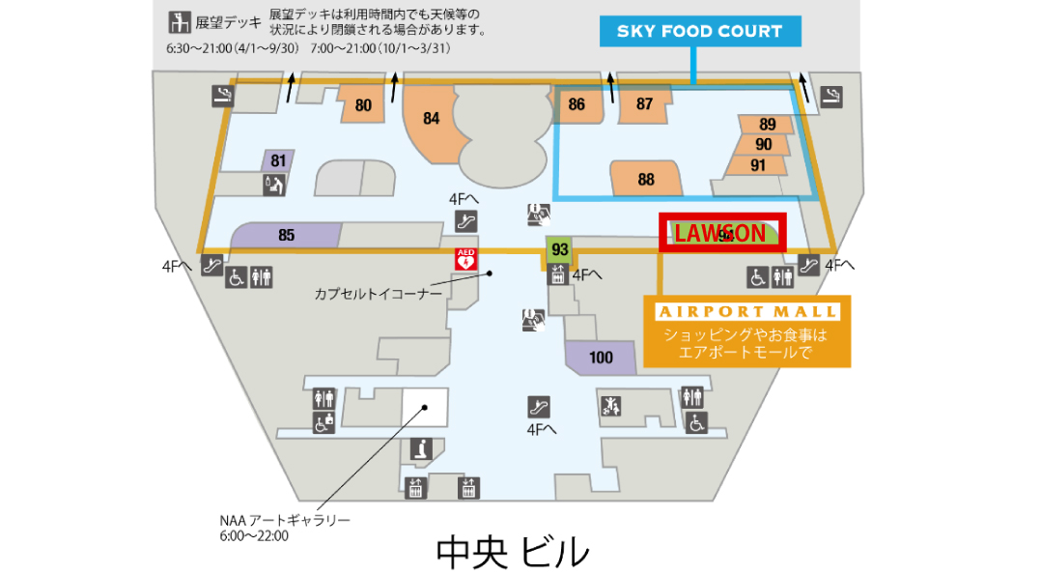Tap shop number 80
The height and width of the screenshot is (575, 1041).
(363, 105)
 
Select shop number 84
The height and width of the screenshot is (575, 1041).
(432, 119)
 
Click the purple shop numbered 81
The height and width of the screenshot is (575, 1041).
(278, 160)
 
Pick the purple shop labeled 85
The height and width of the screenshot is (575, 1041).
(286, 234)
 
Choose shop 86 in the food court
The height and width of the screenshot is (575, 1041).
(577, 104)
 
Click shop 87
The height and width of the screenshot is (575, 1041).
(644, 104)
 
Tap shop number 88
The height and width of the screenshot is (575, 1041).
(646, 179)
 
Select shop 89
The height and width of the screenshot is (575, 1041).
(767, 125)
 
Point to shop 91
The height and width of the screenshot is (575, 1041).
(758, 164)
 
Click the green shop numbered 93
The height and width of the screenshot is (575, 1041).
(559, 249)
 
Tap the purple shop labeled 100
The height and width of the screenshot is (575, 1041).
(601, 357)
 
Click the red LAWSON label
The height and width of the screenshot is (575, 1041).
(721, 233)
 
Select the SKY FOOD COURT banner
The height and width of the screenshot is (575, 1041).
(699, 31)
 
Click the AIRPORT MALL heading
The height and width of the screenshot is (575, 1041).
(746, 311)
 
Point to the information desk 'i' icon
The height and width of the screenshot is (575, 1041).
(420, 448)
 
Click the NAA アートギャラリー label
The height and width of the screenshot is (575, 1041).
(284, 520)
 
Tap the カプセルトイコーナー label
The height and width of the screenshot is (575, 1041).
(378, 292)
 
